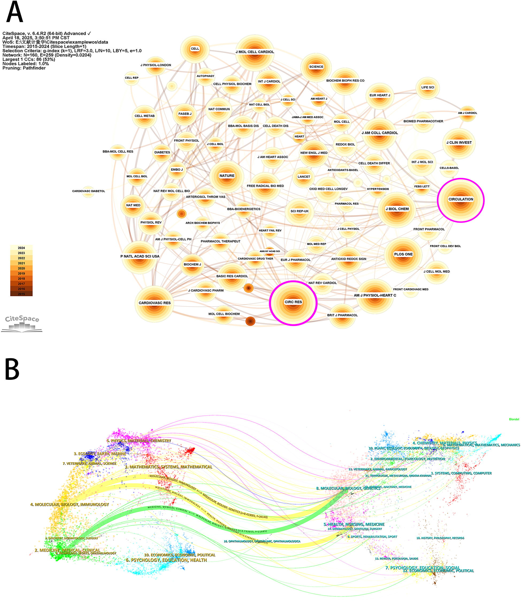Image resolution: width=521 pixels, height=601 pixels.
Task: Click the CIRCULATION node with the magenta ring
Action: (461, 200)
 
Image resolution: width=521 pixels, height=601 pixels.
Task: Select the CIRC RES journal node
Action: (293, 303)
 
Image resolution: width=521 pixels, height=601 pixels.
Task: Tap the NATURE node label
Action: (227, 176)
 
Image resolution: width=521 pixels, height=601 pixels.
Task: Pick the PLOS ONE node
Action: (403, 254)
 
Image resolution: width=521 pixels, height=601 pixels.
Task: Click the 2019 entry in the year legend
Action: (21, 273)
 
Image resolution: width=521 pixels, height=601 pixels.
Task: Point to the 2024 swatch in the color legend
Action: (21, 248)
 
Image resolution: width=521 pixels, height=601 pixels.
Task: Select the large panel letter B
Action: (12, 369)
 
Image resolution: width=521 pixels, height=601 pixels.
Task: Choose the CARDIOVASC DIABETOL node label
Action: (88, 191)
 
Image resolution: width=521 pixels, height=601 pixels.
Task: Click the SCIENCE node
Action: (316, 67)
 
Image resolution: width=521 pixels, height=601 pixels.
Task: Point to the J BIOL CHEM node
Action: (397, 209)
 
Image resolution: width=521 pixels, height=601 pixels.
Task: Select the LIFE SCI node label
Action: (427, 87)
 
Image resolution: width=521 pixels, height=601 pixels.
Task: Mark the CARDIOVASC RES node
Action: (154, 303)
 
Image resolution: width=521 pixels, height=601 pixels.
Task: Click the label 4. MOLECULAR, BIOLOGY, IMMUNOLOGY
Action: (70, 504)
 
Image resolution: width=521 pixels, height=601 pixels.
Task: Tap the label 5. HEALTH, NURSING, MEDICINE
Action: (354, 524)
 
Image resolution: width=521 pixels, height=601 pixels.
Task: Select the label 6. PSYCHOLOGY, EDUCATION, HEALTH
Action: (166, 560)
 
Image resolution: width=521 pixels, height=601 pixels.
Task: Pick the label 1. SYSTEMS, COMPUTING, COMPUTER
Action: (461, 473)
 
